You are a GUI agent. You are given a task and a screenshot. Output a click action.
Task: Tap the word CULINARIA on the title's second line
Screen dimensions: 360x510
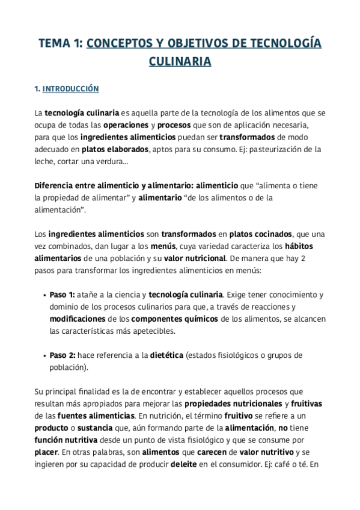[180, 61]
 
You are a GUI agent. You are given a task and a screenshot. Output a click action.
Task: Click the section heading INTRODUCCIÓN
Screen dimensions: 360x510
[70, 89]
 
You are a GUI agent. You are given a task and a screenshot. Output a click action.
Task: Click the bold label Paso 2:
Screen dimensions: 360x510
[63, 355]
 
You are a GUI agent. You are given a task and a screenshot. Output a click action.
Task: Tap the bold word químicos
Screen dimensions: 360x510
[200, 319]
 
